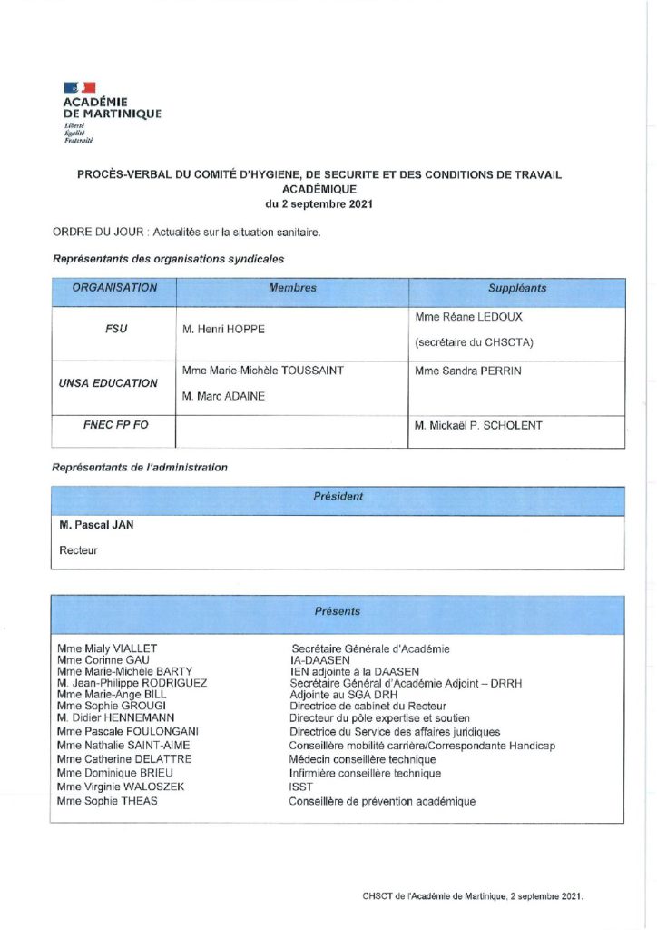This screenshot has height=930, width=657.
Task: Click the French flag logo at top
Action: point(79,87)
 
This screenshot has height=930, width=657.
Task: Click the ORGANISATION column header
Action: point(114,288)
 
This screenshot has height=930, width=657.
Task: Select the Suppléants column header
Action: point(517,288)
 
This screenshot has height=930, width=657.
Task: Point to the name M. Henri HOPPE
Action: point(223,329)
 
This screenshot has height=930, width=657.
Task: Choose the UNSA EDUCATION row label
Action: point(115,383)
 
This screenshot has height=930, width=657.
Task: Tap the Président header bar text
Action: point(338,497)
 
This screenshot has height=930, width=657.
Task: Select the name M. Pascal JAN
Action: point(96,525)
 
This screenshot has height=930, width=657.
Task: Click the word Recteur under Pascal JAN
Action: point(78,550)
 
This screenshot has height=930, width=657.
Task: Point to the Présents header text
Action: point(338,611)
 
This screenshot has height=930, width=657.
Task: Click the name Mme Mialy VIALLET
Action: point(107,648)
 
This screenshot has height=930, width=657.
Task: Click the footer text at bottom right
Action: point(472,895)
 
